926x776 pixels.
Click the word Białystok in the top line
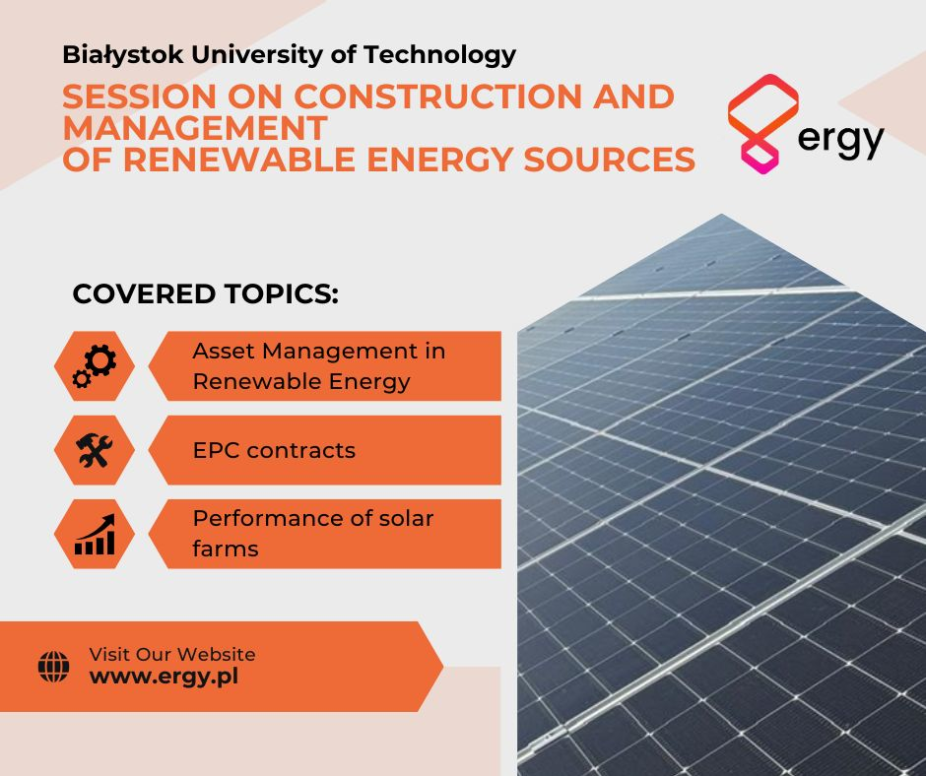point(123,55)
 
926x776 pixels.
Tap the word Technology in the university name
point(440,55)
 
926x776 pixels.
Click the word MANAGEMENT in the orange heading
point(195,128)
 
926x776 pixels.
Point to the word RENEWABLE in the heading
point(239,160)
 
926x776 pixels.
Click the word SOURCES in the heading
point(610,160)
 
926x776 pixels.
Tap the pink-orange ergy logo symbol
point(763,123)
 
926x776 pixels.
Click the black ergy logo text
point(840,140)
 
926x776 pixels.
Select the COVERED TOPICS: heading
point(206,294)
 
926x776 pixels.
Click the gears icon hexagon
point(95,366)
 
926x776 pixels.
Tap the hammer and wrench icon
point(95,450)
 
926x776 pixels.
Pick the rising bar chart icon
point(95,534)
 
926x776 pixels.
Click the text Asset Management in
point(319,351)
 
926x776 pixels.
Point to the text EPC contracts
point(274,451)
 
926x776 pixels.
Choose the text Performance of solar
point(313,519)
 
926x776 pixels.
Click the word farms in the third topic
point(226,549)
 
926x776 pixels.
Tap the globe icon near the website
point(54,667)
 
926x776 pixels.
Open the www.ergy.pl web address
point(165,677)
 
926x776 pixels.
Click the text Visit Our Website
point(172,654)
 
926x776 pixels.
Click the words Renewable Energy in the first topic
point(301,381)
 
